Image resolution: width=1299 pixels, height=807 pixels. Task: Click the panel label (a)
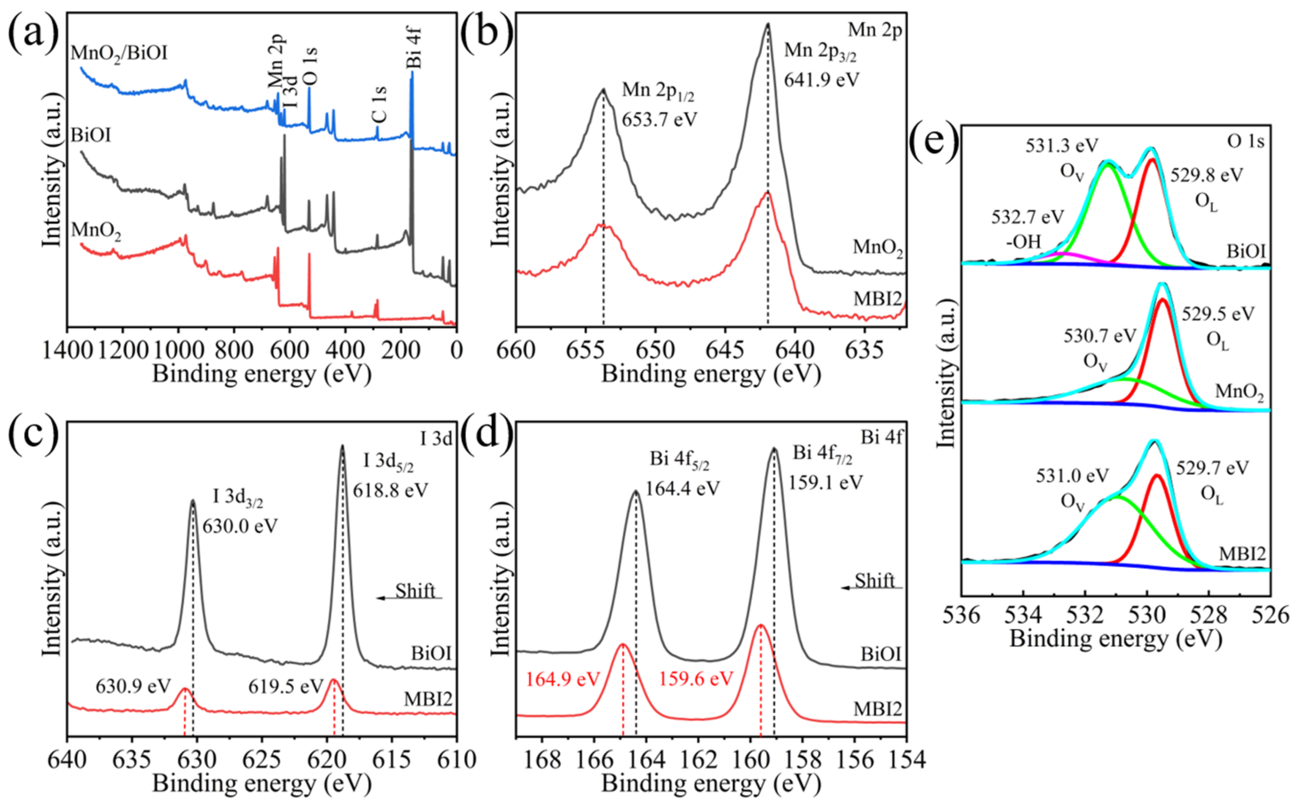[x=33, y=32]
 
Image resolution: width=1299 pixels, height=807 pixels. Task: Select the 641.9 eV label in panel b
[x=821, y=80]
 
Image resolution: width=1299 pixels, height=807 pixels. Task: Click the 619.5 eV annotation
[x=286, y=686]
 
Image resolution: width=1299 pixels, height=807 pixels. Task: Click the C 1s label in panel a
[x=380, y=105]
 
